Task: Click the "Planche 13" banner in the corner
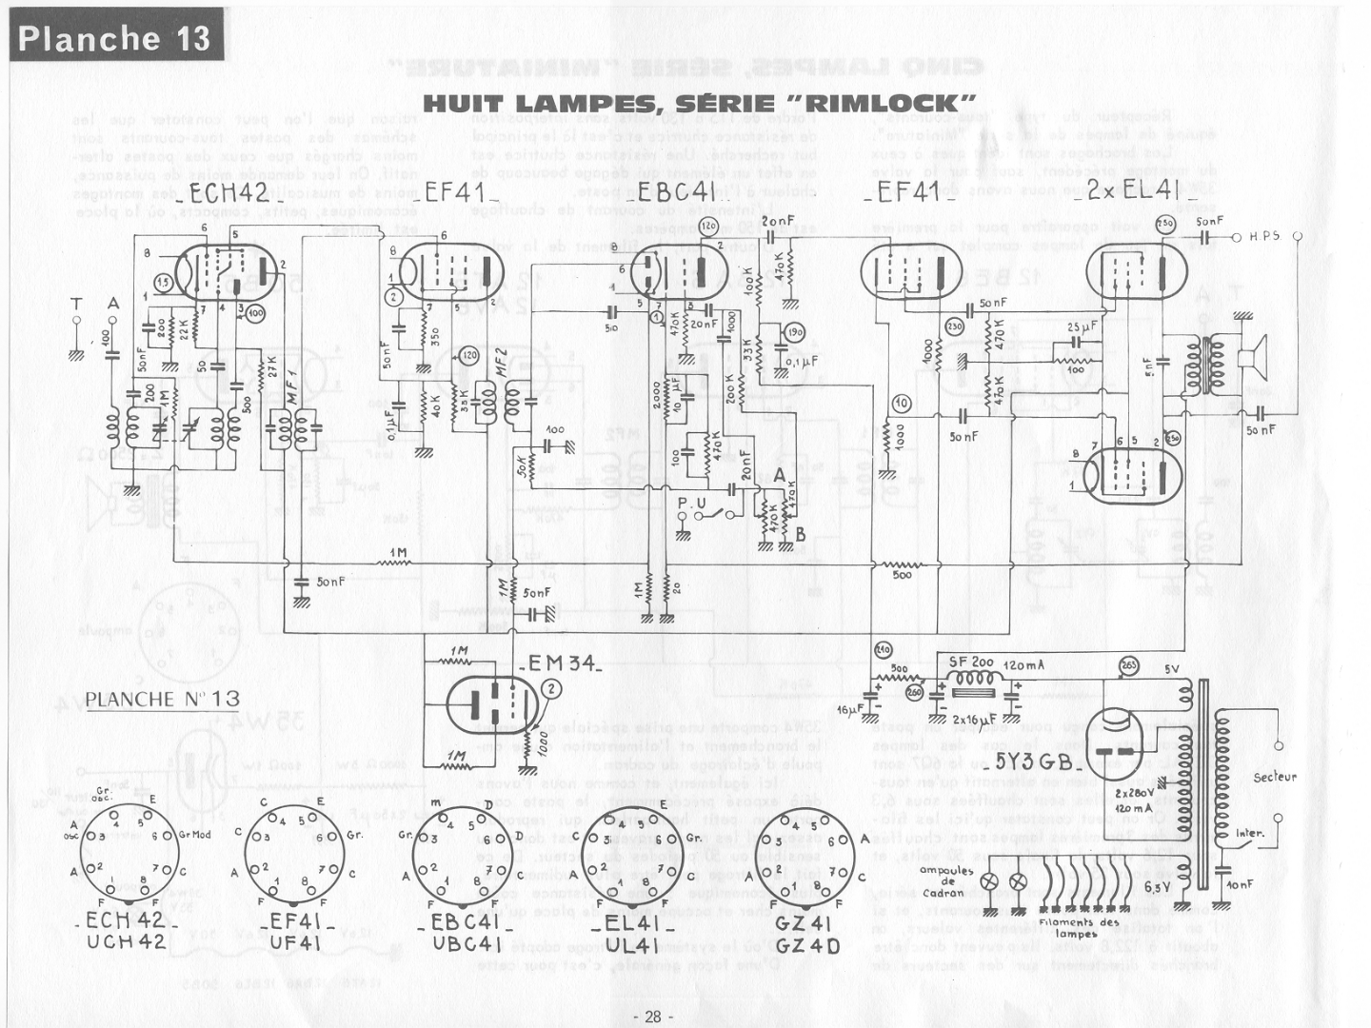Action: (115, 37)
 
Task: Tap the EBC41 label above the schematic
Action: (676, 191)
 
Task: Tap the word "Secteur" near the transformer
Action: (1274, 778)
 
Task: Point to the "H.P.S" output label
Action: (1264, 236)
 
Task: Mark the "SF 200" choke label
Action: (970, 662)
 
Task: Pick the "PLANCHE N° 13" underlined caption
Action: (163, 700)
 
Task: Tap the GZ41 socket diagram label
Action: (805, 922)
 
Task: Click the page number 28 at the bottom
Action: (652, 1017)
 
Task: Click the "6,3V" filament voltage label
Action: (1157, 888)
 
